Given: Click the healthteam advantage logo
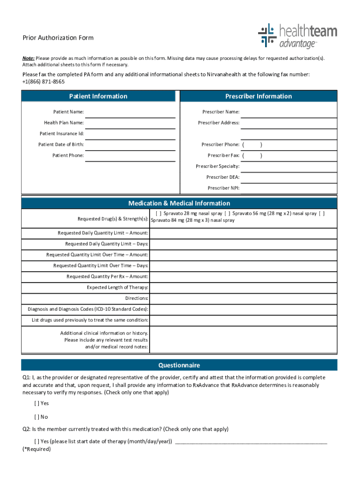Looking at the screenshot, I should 297,36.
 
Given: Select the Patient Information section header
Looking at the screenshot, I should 98,96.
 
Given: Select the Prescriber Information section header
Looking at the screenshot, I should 258,96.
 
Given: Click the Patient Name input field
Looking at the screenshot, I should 130,112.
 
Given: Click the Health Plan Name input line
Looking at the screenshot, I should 130,123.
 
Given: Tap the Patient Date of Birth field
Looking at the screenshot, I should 130,145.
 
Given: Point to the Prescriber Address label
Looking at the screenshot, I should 218,123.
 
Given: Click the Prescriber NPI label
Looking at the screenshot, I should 223,188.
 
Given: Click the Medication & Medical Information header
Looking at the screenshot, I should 179,203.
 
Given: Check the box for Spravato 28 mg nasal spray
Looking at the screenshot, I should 158,213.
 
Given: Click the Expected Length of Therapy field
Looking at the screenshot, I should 243,287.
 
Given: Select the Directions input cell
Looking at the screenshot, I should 243,298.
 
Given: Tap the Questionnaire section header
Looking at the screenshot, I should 179,365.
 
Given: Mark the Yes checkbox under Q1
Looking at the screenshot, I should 36,403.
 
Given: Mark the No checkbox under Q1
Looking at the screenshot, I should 36,417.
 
